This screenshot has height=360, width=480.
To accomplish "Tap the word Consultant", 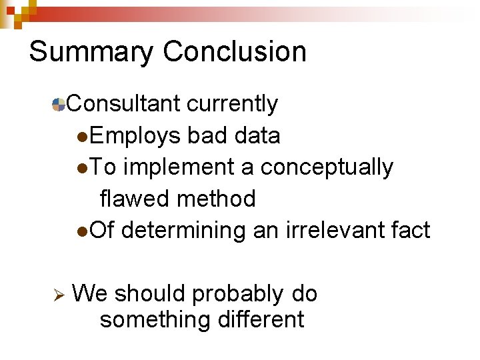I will pyautogui.click(x=123, y=104).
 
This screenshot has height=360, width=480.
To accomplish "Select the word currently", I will pyautogui.click(x=232, y=104).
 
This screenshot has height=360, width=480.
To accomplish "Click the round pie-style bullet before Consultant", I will pyautogui.click(x=59, y=104).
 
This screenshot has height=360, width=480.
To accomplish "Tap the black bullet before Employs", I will pyautogui.click(x=81, y=137).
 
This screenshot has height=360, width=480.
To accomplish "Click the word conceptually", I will pyautogui.click(x=327, y=167).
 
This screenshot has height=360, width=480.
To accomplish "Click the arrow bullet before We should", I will pyautogui.click(x=58, y=294).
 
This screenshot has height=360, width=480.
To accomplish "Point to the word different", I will pyautogui.click(x=261, y=319).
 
